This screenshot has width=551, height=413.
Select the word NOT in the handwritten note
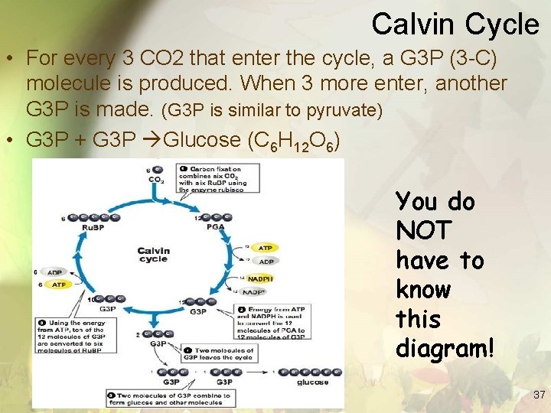coord(424,231)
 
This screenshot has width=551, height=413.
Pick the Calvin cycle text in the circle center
coord(153,255)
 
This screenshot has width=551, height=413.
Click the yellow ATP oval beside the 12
coord(265,248)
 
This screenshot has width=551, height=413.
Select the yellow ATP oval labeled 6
coord(59,285)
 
